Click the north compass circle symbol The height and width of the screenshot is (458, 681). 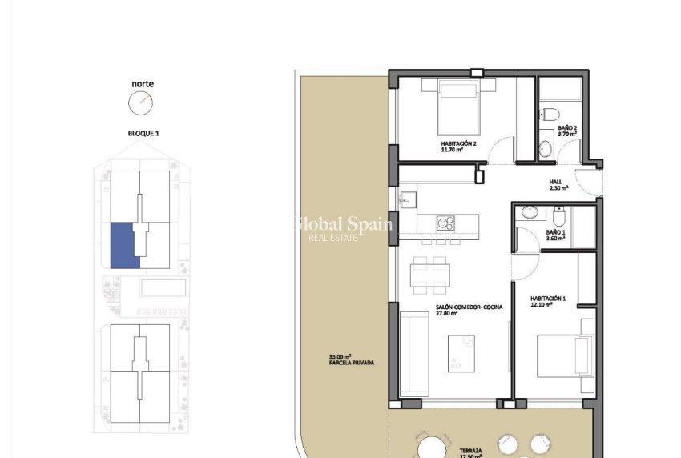[139, 102]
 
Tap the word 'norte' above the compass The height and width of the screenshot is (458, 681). [143, 83]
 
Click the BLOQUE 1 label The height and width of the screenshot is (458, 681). [143, 133]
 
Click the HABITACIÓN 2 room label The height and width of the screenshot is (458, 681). [458, 144]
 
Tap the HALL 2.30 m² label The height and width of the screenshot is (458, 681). [558, 185]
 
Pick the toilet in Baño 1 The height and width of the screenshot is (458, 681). [558, 215]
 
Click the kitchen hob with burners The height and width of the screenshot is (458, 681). [445, 222]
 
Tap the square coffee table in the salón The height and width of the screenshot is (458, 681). [461, 352]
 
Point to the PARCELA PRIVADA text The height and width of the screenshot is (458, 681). [351, 363]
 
